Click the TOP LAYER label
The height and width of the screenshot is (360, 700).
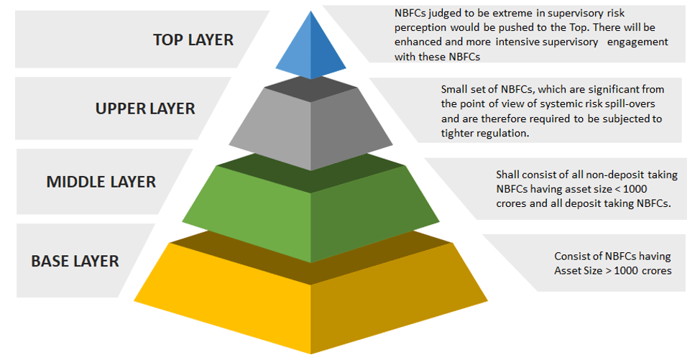193,39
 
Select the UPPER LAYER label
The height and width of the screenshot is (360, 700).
145,109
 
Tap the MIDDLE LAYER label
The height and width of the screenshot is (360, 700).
101,182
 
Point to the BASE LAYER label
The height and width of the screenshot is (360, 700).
75,261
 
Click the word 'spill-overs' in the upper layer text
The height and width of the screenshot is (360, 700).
630,103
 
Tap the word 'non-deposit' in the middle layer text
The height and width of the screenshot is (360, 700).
584,175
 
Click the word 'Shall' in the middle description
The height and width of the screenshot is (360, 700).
509,175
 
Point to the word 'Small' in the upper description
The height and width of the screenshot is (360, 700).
455,89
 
